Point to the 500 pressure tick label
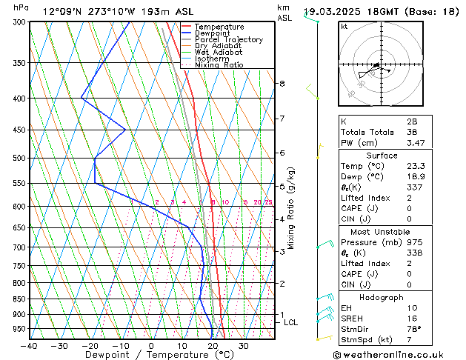point(19,159)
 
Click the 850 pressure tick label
point(19,299)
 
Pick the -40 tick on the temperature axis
point(29,346)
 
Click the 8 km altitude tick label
point(282,84)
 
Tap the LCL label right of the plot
point(290,322)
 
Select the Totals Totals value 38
point(411,132)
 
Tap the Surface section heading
point(382,156)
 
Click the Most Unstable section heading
point(382,231)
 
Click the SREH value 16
point(411,318)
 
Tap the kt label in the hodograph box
point(344,27)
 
